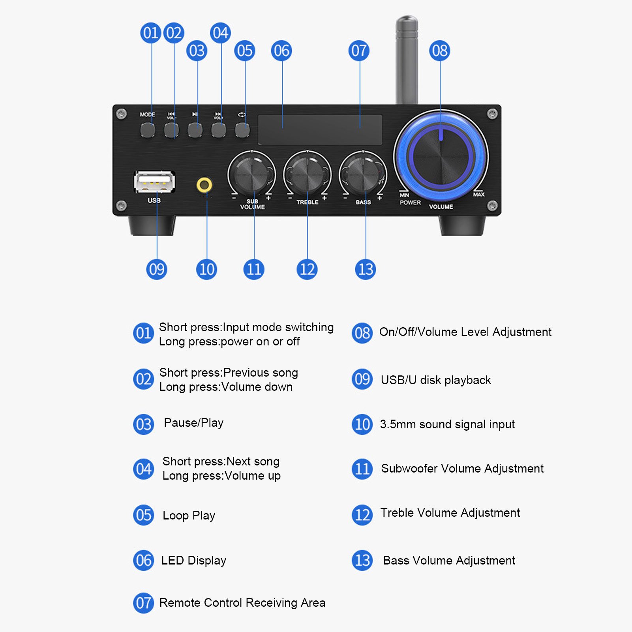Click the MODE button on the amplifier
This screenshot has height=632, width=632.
coord(148,130)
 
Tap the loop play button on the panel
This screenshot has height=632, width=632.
coord(242,130)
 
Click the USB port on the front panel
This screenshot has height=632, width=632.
coord(155,182)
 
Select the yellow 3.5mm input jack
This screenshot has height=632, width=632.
coord(204,184)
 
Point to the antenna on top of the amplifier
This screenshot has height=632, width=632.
coord(407,59)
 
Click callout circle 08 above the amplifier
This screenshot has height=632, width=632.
coord(440,51)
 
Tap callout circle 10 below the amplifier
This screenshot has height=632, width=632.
coord(206,270)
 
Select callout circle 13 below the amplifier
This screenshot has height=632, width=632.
coord(366,270)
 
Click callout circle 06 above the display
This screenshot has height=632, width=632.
coord(281,51)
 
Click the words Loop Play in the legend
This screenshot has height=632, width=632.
coord(189,516)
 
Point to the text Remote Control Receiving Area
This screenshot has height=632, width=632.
coord(242,603)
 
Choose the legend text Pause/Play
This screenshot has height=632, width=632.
coord(193,423)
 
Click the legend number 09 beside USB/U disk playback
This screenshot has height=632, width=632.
coord(362,379)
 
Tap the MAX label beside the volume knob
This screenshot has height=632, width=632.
coord(478,194)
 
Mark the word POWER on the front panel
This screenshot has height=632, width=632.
coord(410,203)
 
